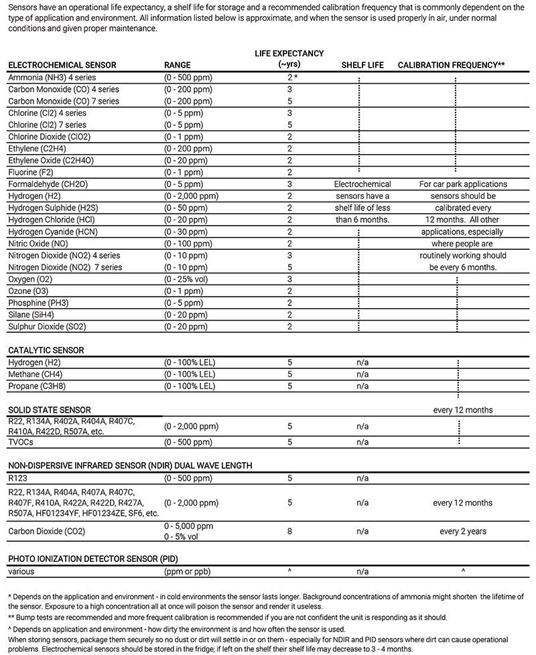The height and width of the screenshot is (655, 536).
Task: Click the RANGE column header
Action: (178, 65)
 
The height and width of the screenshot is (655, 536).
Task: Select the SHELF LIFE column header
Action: (362, 65)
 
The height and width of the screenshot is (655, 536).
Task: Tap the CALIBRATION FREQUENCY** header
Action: (451, 65)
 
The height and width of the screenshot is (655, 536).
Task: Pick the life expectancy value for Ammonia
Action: (289, 78)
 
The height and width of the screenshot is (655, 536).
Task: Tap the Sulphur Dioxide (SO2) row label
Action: (47, 326)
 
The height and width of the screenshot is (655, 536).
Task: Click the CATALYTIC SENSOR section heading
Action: (46, 350)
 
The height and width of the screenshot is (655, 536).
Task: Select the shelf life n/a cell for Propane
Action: (362, 386)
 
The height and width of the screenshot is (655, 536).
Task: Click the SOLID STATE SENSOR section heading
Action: (49, 410)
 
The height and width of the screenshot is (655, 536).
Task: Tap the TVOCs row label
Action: (21, 442)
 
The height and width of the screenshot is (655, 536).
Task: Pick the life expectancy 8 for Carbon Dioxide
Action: (289, 531)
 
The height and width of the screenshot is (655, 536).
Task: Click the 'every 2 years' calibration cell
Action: (463, 531)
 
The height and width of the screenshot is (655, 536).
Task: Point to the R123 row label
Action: (19, 478)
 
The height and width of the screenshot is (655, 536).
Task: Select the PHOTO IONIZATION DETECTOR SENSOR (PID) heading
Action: (92, 559)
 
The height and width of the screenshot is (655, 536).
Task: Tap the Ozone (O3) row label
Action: (29, 291)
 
